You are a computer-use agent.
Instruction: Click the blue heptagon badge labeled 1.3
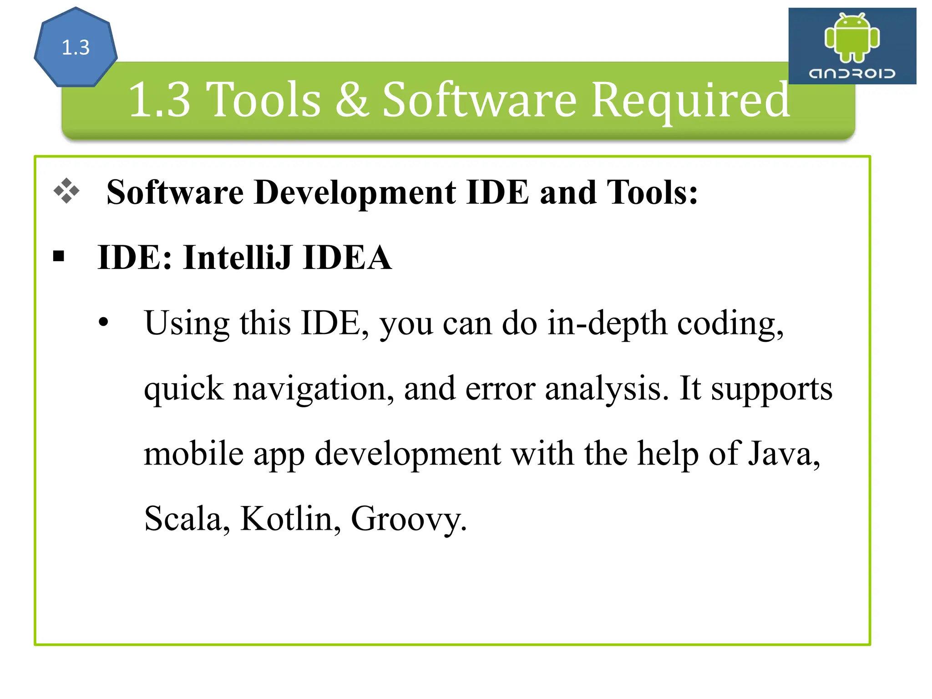pos(76,47)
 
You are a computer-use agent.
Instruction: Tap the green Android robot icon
pos(852,37)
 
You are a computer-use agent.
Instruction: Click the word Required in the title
pos(691,100)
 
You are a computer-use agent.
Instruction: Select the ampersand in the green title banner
pos(351,100)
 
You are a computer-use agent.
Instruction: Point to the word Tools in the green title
pos(263,100)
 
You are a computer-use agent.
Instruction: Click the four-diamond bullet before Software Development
pos(66,191)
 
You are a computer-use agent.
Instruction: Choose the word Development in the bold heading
pos(355,192)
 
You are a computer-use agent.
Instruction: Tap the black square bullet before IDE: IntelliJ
pos(59,256)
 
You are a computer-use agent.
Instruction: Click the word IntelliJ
pos(237,258)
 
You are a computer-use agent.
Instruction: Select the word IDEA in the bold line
pos(347,258)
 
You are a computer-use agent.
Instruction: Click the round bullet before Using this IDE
pos(104,322)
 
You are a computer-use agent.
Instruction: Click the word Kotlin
pos(290,519)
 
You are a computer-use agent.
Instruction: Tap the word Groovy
pos(408,520)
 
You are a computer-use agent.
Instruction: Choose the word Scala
pos(187,519)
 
